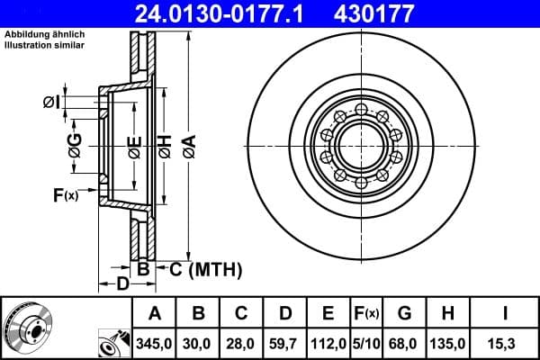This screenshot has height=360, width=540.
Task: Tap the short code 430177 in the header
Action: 386,13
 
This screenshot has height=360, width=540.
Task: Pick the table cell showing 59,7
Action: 285,343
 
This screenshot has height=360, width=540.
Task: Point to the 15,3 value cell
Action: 506,343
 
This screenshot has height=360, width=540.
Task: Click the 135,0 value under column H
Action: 447,343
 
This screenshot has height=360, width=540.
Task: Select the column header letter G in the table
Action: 403,313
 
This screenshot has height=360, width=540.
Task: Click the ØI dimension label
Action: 51,103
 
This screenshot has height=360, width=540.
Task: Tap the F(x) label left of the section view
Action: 66,193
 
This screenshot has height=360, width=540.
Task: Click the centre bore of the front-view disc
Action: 360,144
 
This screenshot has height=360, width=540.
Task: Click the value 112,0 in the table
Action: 328,343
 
